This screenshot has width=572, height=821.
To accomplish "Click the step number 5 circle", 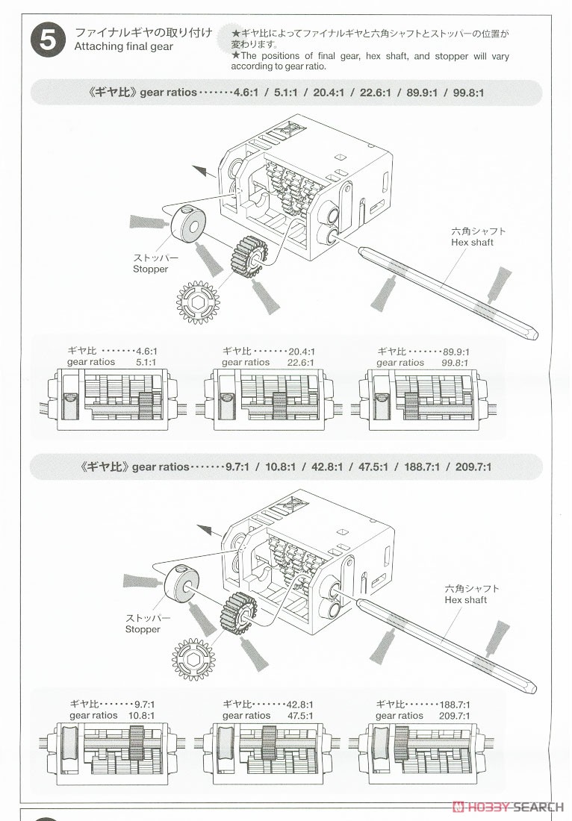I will coord(47,40).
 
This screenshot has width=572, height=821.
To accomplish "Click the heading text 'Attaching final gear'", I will coord(123,46).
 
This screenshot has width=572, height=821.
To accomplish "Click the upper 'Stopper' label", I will coord(150,269).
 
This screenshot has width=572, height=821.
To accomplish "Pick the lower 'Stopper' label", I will coord(143,629).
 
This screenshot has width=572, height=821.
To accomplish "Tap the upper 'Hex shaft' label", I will coord(472,242).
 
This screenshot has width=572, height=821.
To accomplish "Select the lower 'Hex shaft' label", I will coord(465,599).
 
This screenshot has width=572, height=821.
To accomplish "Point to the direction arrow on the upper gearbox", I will coord(199,171).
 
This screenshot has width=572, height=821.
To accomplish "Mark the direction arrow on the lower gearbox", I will coord(205,531).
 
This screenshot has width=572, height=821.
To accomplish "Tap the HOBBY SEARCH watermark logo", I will coord(508,807).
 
